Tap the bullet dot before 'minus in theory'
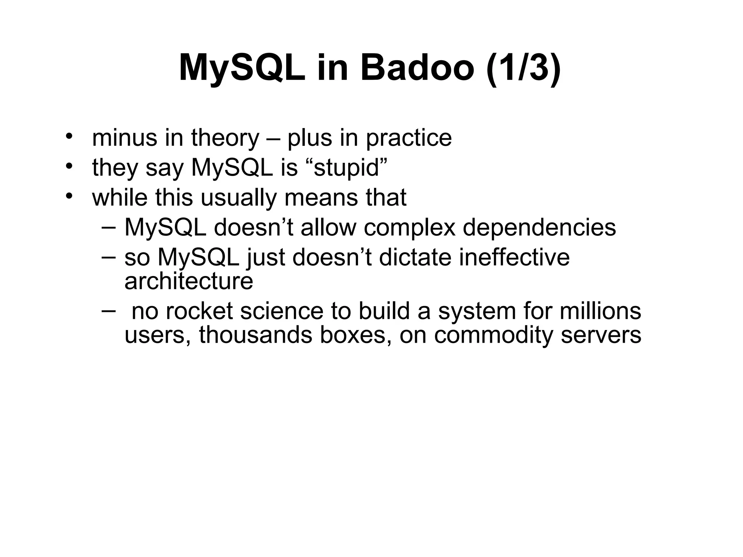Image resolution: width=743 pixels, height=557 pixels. [69, 137]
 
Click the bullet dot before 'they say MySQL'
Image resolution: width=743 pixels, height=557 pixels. [69, 167]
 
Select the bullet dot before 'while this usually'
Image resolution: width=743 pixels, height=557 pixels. [69, 197]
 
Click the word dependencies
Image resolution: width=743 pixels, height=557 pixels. [539, 228]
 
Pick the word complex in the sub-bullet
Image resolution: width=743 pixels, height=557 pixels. [409, 228]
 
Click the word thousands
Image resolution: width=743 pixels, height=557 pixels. [255, 335]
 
